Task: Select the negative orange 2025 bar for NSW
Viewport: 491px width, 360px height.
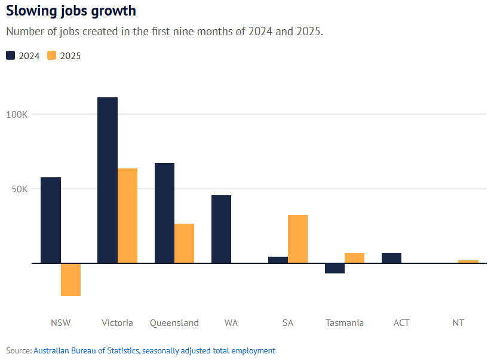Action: coord(70,279)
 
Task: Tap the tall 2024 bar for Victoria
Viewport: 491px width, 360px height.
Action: coord(108,180)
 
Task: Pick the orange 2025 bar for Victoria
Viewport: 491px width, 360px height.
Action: coord(127,216)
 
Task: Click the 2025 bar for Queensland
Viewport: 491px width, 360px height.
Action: coord(184,243)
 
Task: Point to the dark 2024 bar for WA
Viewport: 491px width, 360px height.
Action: coord(221,229)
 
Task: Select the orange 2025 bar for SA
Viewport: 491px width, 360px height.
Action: coord(297,239)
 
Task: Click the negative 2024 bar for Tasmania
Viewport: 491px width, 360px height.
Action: coord(335,268)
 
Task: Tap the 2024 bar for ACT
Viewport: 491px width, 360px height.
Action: coord(391,258)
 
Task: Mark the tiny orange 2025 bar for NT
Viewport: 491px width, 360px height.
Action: coord(468,261)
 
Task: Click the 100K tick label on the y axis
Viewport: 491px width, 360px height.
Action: coord(17,114)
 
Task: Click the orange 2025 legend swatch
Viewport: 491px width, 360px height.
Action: coord(51,56)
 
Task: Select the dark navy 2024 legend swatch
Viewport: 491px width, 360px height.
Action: coord(11,56)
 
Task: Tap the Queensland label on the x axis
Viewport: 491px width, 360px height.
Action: coord(174,323)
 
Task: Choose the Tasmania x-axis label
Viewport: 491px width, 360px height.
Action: coord(345,323)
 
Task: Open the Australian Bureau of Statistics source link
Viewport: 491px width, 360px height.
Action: coord(87,350)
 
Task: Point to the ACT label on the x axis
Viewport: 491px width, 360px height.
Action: coord(401,323)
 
